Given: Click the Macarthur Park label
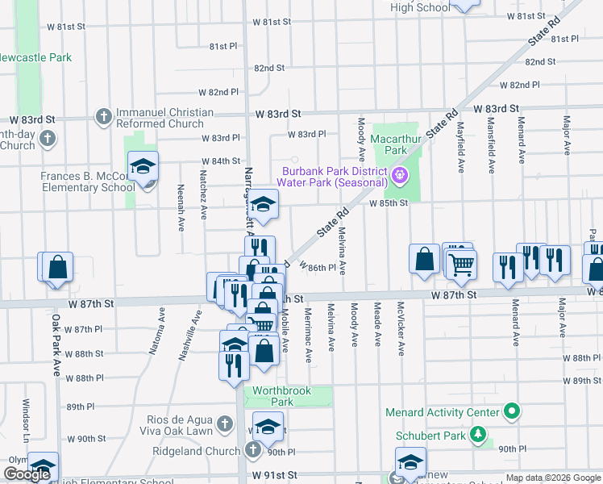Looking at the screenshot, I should (x=395, y=144).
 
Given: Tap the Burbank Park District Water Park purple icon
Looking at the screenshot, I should (x=398, y=174).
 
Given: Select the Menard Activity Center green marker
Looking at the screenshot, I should (x=510, y=413).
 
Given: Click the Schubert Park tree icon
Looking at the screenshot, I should (x=478, y=435).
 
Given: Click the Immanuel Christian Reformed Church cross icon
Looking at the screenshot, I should (x=103, y=118).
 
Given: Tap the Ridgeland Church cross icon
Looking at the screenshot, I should (x=252, y=450).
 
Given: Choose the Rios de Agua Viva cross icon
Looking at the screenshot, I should (x=227, y=422).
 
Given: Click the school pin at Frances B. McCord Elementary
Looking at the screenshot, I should (x=143, y=168).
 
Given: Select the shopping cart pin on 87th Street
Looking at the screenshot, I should (x=460, y=263).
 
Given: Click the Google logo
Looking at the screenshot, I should (x=27, y=474).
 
